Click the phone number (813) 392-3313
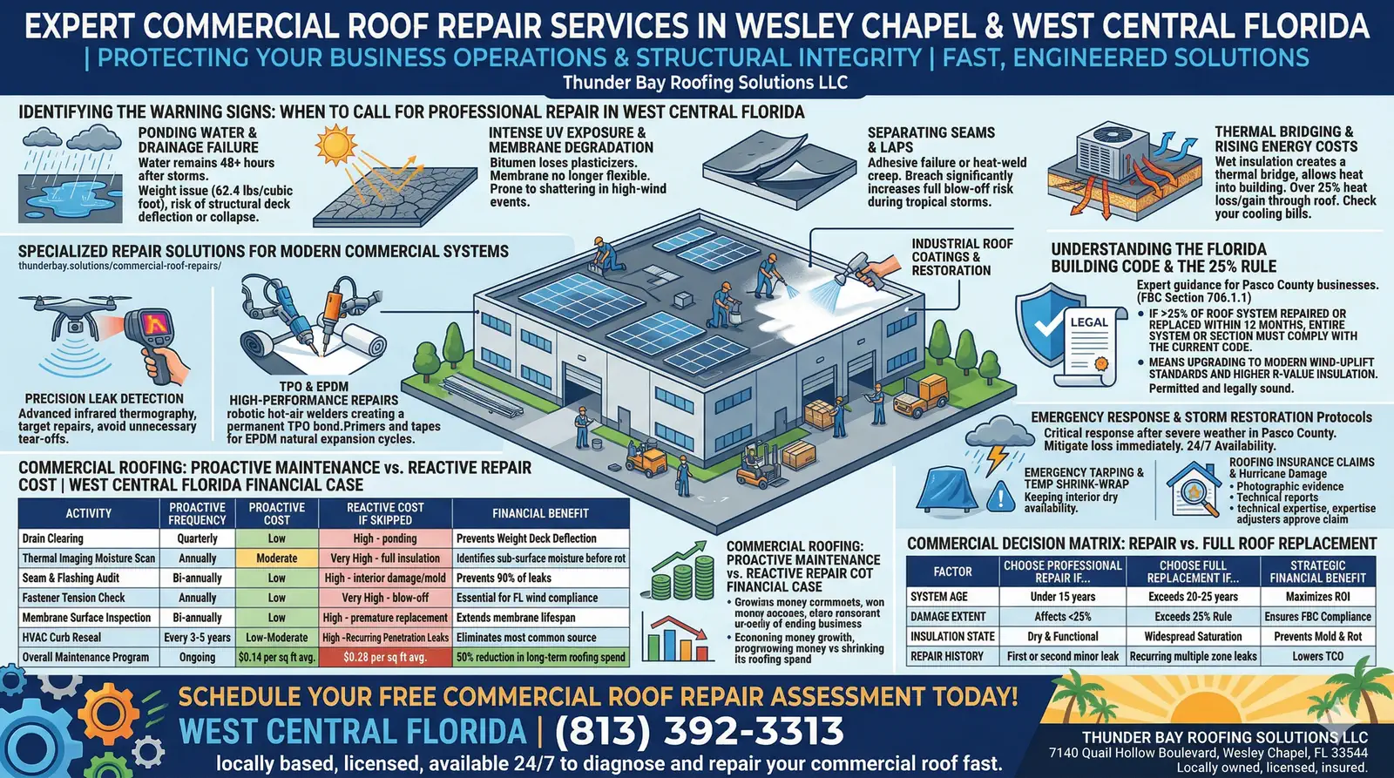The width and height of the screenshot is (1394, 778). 699,731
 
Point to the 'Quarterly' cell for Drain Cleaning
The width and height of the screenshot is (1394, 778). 197,538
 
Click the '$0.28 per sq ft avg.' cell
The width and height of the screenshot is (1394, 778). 384,657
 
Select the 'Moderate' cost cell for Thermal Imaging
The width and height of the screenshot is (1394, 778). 276,558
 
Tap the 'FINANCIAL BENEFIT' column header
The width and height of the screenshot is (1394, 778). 540,513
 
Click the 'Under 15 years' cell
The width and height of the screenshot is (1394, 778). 1062,597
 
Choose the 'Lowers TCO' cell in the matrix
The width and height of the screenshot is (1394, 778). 1317,656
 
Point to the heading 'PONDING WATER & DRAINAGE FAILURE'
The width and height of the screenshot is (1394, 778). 198,140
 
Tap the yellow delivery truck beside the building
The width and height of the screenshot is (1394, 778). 919,396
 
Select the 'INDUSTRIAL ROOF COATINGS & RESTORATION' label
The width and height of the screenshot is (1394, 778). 962,257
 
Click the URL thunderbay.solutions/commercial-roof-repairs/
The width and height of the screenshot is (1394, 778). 119,266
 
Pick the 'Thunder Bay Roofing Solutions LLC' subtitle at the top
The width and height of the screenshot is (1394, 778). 704,83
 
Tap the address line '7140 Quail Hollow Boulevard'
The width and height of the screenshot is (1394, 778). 1208,753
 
